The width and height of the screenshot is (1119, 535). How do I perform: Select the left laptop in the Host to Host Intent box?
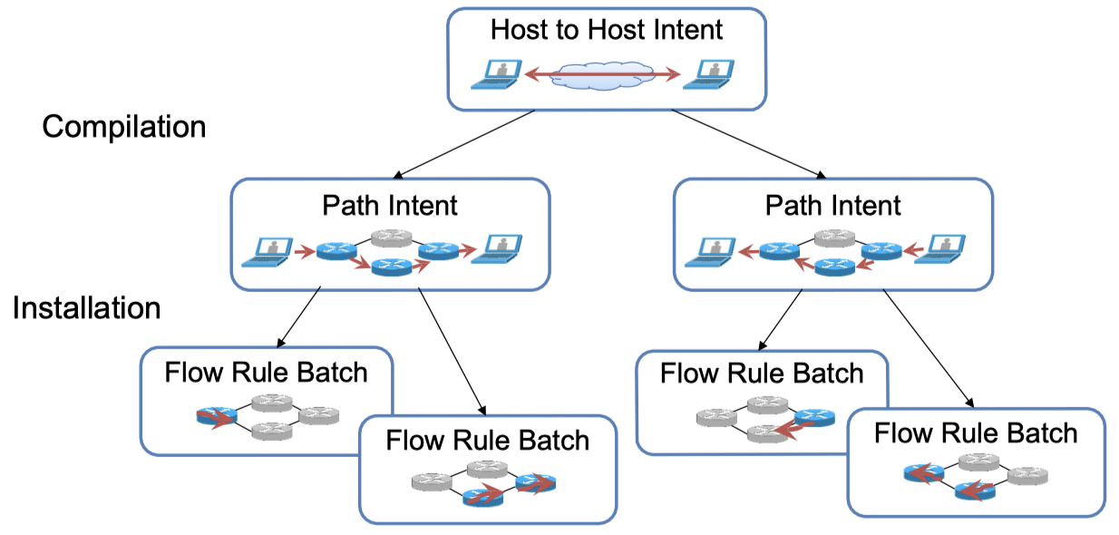495,73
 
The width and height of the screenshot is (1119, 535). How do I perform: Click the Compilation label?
124,126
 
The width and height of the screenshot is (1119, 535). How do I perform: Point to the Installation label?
87,308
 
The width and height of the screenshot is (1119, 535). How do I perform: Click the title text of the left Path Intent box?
390,205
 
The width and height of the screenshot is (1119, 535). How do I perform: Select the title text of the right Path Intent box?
833,205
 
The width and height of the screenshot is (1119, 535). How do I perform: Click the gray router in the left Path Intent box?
392,239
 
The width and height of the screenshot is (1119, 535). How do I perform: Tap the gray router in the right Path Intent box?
834,239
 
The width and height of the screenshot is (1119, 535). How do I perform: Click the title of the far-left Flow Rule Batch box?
267,372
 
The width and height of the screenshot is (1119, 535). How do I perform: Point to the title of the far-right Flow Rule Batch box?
976,433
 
